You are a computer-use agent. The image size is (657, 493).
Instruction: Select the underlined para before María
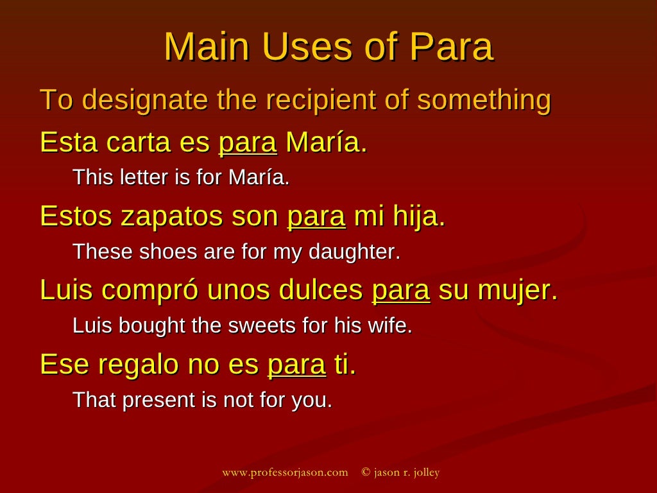tap(248, 142)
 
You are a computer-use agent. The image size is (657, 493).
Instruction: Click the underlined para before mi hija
tap(316, 216)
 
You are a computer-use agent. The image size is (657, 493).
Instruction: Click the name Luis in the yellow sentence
tap(63, 290)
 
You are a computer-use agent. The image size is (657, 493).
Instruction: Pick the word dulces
tap(321, 290)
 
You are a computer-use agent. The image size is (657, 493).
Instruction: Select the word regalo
tap(136, 365)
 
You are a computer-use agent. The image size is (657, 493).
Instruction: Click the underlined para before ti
tap(296, 365)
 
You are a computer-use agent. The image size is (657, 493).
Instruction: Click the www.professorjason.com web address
tap(285, 472)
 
